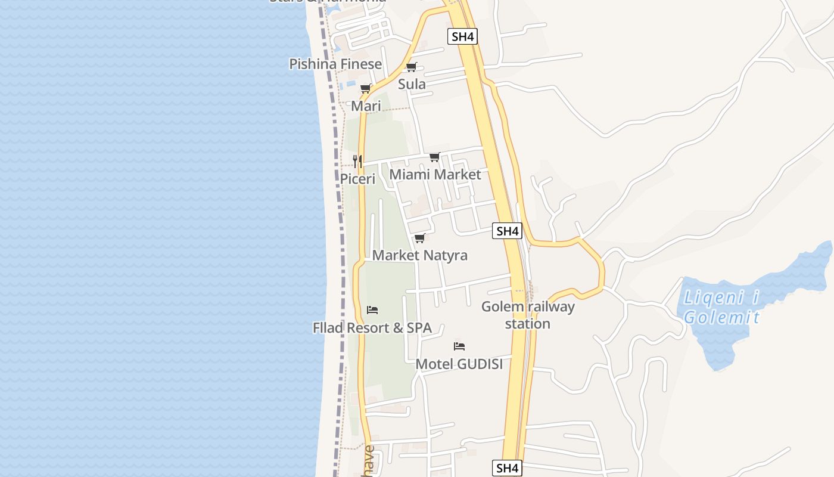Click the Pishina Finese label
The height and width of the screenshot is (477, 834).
[335, 64]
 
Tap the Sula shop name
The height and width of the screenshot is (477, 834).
[412, 84]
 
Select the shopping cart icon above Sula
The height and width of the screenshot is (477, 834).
[411, 67]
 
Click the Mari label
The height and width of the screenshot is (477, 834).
[366, 106]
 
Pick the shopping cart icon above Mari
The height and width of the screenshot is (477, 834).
[365, 89]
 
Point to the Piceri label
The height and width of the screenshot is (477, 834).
[357, 179]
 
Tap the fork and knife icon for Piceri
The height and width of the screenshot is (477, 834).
[357, 161]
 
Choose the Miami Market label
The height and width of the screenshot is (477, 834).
[435, 175]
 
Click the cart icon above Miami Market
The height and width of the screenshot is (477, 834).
[435, 157]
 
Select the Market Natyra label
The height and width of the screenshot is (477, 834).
[420, 255]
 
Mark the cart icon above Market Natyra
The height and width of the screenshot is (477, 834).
[420, 238]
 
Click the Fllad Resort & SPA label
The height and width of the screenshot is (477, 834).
[372, 327]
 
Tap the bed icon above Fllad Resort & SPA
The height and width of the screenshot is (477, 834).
[372, 310]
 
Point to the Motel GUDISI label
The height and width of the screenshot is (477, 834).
[459, 364]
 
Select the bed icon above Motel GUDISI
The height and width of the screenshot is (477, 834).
[459, 346]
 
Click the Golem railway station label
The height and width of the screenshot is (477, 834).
[528, 315]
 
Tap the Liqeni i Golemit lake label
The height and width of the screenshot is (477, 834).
[721, 307]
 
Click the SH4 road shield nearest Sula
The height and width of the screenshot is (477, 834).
[463, 36]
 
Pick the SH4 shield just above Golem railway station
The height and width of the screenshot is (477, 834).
[508, 231]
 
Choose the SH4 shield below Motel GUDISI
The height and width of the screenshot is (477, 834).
[508, 468]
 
